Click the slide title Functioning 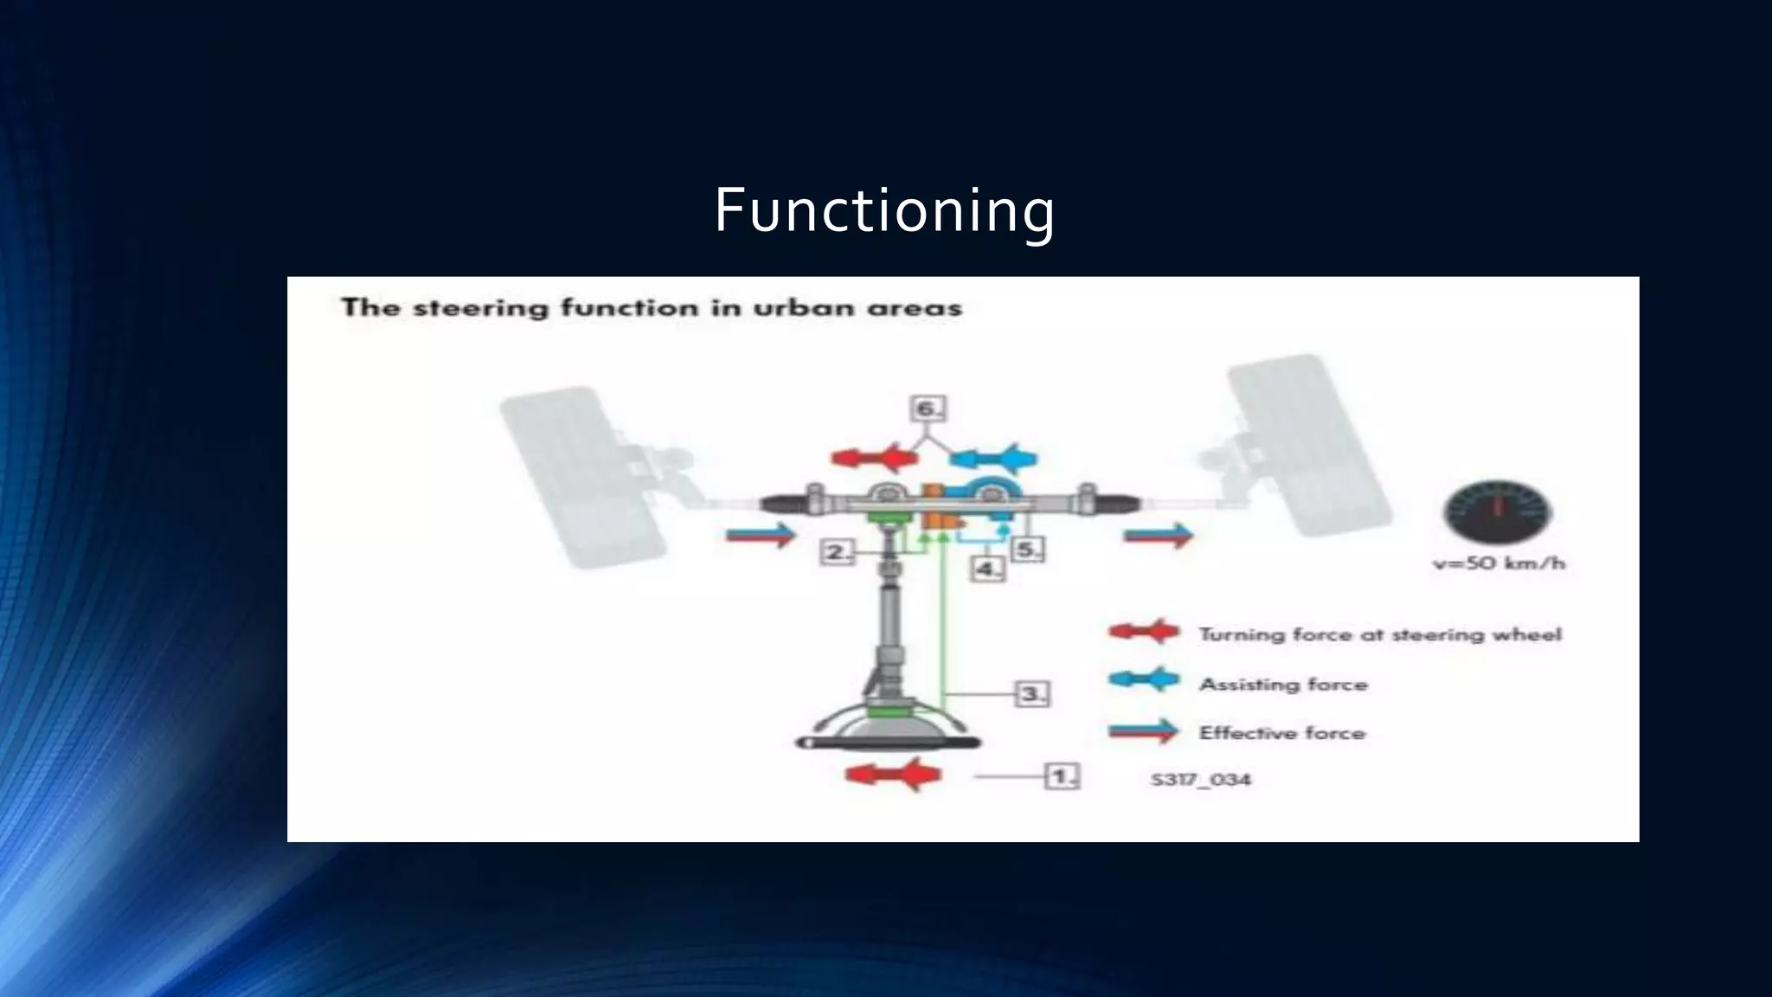883,210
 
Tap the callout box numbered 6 928,408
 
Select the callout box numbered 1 1062,775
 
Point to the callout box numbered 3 1031,693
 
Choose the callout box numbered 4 987,569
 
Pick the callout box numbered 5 1027,550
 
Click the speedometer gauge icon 1497,512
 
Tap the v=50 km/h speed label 1499,563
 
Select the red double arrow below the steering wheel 893,774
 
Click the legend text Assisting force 1283,685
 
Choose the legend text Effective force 1281,733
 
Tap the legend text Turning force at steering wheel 1380,634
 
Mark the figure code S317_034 1200,779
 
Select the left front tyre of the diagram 583,478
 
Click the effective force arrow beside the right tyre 1159,536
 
